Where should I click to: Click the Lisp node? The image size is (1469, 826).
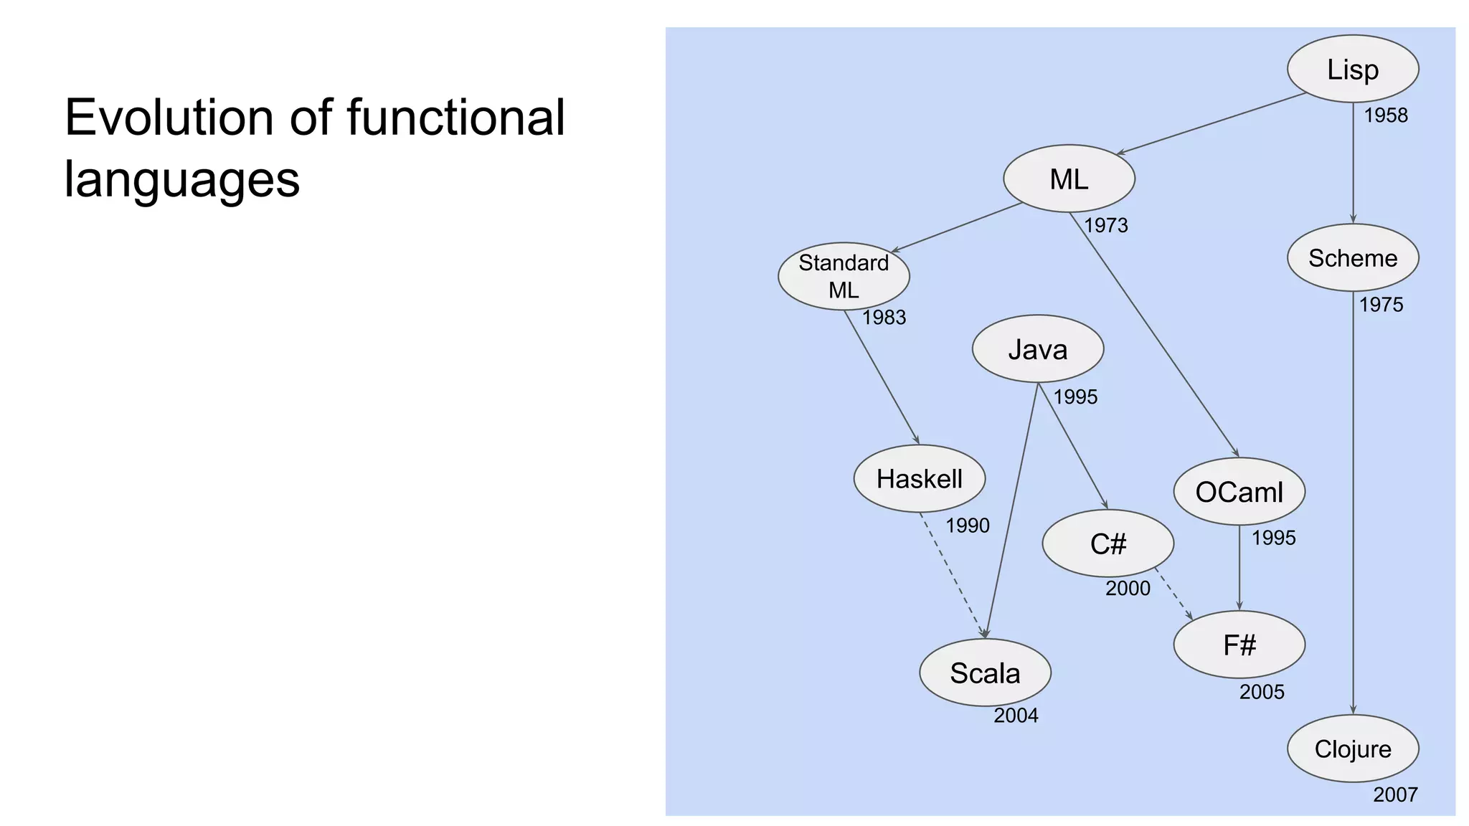[x=1353, y=69]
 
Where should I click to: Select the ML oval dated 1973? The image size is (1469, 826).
[x=1069, y=179]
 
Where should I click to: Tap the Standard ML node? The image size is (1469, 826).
[x=844, y=276]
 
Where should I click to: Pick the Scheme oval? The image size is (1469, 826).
[x=1353, y=257]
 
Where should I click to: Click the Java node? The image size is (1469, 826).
[x=1037, y=349]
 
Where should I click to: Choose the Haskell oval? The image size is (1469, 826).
[x=919, y=478]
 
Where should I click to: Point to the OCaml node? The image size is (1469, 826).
[x=1239, y=492]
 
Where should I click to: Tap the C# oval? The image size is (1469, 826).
[x=1107, y=543]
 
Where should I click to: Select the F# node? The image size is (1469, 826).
[x=1239, y=645]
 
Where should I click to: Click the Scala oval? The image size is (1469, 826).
[x=985, y=673]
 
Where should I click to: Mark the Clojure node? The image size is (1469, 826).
[x=1353, y=749]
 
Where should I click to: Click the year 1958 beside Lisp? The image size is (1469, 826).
[x=1385, y=115]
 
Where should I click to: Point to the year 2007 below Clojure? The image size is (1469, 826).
[x=1395, y=794]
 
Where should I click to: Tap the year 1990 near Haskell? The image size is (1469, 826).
[x=967, y=526]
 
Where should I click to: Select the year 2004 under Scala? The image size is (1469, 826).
[x=1016, y=715]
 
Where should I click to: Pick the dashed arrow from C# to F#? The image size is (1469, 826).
[x=1173, y=594]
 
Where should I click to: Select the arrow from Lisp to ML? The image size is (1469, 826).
[x=1211, y=123]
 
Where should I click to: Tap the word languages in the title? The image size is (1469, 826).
[x=181, y=179]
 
